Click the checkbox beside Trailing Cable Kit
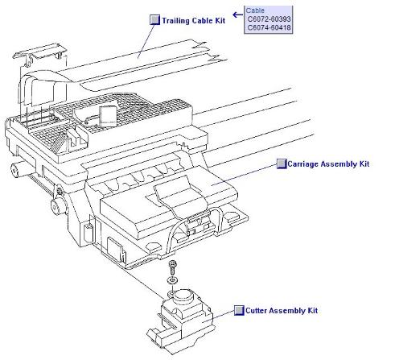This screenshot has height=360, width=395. [x=154, y=20]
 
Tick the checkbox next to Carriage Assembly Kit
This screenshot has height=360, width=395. [x=282, y=163]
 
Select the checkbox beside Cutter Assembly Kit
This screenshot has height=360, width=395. [x=239, y=310]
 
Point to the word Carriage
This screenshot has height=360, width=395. [x=303, y=164]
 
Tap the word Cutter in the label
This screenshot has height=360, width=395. [x=256, y=311]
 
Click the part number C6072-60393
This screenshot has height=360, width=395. [x=269, y=19]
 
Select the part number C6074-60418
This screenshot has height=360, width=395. [x=269, y=27]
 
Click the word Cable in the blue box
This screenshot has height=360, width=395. [x=255, y=10]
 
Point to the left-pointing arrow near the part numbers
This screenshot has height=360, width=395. [x=237, y=14]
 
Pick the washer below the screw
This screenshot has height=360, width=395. [x=172, y=280]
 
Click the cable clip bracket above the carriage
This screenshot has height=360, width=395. [x=39, y=54]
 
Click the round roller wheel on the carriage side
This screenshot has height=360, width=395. [x=57, y=206]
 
